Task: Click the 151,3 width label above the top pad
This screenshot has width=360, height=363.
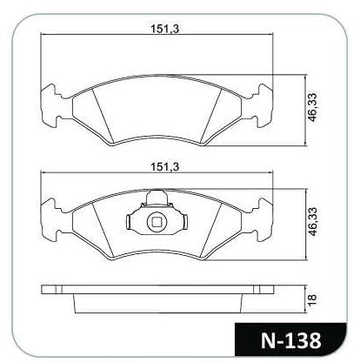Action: pos(165,29)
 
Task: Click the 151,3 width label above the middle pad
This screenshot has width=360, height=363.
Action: pos(165,167)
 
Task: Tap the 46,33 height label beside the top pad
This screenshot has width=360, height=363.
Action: pos(313,107)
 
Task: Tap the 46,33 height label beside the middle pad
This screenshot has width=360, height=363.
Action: pos(313,222)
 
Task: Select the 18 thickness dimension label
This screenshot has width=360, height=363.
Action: pos(313,298)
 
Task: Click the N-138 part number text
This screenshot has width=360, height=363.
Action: pos(290,340)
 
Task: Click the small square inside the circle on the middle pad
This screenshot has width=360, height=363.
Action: pos(157,222)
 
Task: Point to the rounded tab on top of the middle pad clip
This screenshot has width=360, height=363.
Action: pos(157,197)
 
